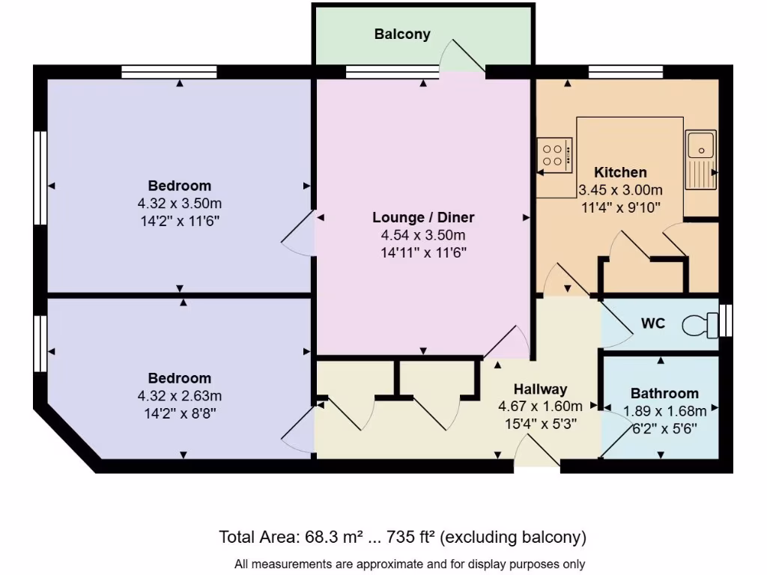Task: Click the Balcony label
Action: point(402,34)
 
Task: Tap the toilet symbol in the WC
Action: point(700,325)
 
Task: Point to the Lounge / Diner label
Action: point(423,218)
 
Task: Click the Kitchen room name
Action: point(620,172)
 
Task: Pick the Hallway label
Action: point(540,389)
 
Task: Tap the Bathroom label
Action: point(664,393)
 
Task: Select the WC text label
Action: point(652,325)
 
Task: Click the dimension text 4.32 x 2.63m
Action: point(180,395)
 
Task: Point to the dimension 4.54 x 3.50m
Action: point(423,236)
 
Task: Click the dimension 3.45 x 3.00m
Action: point(620,189)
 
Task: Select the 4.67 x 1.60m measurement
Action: point(540,407)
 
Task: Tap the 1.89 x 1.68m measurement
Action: point(664,410)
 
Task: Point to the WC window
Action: point(724,321)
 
